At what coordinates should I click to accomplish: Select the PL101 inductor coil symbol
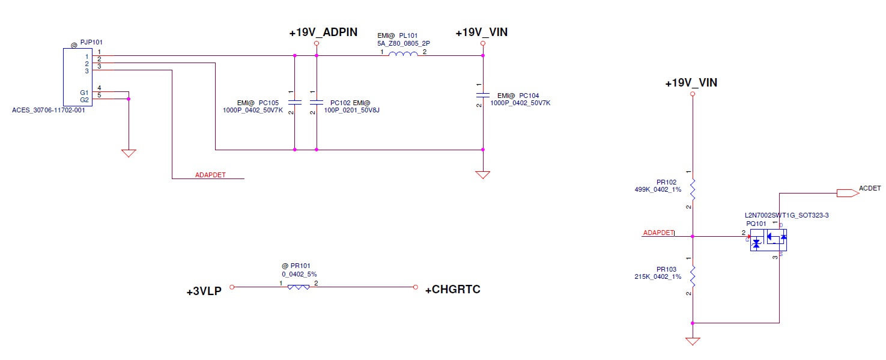(x=403, y=55)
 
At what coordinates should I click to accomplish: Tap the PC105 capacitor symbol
(x=294, y=102)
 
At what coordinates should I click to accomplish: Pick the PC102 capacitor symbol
(x=316, y=102)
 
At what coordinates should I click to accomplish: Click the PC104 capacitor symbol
(x=482, y=95)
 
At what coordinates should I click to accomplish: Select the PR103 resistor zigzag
(x=693, y=276)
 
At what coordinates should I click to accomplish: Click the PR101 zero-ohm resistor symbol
(x=299, y=287)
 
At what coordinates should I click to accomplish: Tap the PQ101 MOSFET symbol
(x=768, y=240)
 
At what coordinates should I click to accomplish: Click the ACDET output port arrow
(x=847, y=193)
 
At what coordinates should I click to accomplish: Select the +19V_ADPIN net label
(x=324, y=33)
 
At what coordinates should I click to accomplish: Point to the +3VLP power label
(x=204, y=292)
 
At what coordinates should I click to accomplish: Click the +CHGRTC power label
(x=452, y=290)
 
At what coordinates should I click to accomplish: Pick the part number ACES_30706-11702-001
(x=49, y=111)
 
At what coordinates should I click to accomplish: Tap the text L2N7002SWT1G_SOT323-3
(x=787, y=215)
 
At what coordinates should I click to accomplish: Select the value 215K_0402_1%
(x=658, y=276)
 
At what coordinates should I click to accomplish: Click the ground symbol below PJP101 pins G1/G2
(x=129, y=153)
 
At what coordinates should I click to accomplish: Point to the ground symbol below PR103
(x=693, y=341)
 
